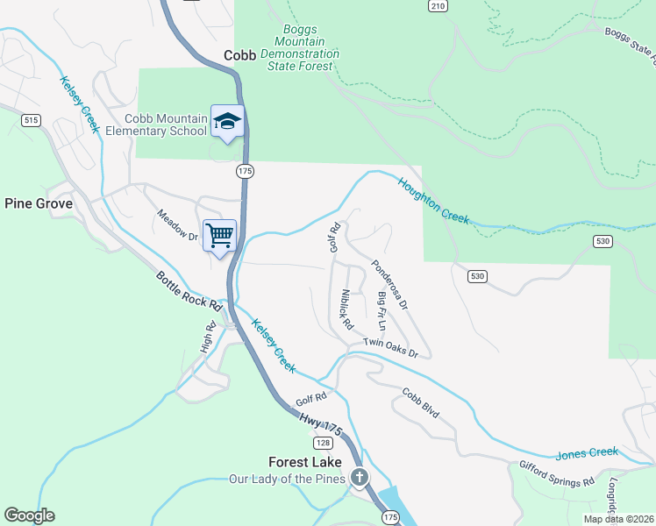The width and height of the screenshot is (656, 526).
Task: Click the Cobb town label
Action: (239, 55)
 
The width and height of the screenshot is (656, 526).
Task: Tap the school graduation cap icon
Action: (227, 122)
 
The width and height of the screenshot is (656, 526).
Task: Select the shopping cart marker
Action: (219, 235)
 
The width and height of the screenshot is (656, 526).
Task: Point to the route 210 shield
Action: (439, 6)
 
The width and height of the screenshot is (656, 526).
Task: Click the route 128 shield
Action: (324, 444)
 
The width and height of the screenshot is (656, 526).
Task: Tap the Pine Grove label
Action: (39, 203)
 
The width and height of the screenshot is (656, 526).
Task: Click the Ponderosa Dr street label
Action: (389, 284)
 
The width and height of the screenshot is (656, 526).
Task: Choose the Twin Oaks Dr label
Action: (396, 347)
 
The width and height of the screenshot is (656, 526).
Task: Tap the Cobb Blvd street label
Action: (420, 402)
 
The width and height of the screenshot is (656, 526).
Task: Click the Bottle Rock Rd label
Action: (189, 290)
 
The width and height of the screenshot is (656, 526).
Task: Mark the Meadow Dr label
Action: (178, 224)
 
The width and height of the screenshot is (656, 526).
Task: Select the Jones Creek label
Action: (587, 453)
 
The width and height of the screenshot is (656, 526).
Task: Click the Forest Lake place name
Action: (304, 462)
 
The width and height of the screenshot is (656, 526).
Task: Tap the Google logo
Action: (29, 515)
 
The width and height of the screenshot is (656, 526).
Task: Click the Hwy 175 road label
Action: (318, 423)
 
